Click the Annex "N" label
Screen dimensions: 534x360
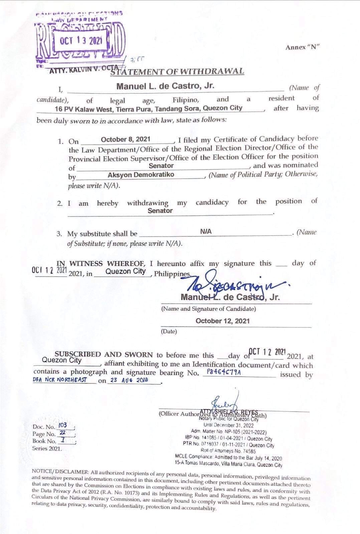302,47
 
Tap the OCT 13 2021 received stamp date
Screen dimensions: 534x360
81,41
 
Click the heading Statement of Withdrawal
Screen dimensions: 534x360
177,71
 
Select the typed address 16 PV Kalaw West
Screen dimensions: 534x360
149,108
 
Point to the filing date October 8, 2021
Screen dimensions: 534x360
126,139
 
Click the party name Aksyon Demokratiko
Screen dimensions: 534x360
141,175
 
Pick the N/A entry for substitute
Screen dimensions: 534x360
206,231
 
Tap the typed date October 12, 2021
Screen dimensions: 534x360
222,321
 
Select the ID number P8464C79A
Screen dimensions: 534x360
224,372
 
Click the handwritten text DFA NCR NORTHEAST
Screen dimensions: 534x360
60,379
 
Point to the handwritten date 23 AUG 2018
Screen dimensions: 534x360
129,380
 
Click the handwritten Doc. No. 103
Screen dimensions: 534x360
62,425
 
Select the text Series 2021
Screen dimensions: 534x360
47,448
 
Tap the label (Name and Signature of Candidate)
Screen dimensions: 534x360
209,309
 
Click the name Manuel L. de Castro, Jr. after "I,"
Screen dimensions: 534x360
165,86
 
